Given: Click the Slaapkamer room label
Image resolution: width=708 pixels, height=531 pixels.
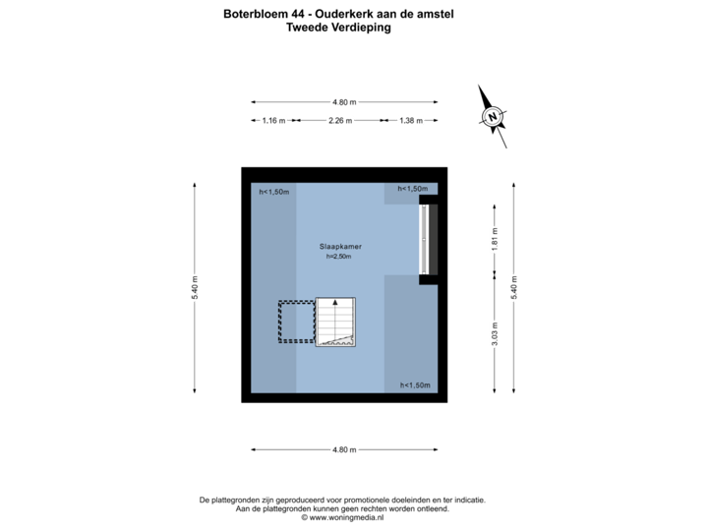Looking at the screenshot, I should point(338,246).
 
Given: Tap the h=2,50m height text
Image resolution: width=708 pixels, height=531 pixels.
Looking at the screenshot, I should point(338,257).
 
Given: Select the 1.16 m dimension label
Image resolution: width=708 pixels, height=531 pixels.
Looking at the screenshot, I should point(273,121).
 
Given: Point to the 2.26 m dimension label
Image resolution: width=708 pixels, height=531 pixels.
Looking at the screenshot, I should point(340,121).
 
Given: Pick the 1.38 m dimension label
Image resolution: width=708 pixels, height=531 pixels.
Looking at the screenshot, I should point(410,121).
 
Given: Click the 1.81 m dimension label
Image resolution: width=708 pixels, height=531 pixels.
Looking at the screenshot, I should point(495,240).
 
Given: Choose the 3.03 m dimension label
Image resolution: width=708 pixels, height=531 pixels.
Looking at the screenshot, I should point(495,334).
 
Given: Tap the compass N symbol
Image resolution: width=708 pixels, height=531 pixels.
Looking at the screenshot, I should point(492,117).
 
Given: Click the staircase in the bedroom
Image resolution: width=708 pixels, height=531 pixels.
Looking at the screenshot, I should point(335,323).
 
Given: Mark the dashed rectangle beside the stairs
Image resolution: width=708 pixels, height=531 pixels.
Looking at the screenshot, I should point(295,322).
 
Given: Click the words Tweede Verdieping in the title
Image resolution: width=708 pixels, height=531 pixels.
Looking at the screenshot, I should point(337,29).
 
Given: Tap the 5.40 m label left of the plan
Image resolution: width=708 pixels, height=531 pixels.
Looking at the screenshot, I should point(195,286).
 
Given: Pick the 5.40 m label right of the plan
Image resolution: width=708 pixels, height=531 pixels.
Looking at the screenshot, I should point(513,286).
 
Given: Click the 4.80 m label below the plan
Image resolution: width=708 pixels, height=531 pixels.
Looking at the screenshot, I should point(344,449).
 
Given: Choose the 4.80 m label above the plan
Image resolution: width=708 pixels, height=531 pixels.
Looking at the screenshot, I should point(344,101).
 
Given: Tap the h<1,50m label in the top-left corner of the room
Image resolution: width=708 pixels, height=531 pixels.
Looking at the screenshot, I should point(273,192).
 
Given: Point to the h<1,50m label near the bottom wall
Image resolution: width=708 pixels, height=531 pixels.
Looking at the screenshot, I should point(415,385).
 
